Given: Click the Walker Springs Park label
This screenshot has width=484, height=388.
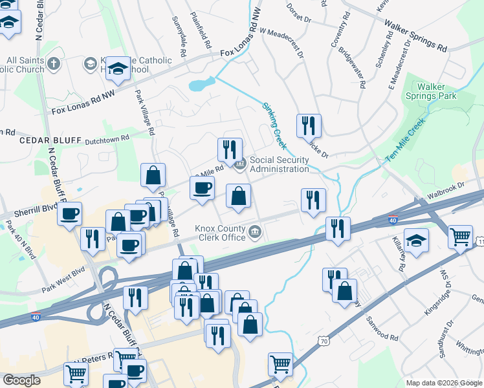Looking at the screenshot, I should (436, 91).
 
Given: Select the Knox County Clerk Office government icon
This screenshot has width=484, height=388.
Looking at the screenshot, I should (256, 232).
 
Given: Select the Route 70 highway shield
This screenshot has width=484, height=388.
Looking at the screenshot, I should (324, 340).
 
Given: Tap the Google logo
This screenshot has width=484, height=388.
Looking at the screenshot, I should (21, 380).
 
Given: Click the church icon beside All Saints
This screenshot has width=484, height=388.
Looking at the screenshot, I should (54, 64).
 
